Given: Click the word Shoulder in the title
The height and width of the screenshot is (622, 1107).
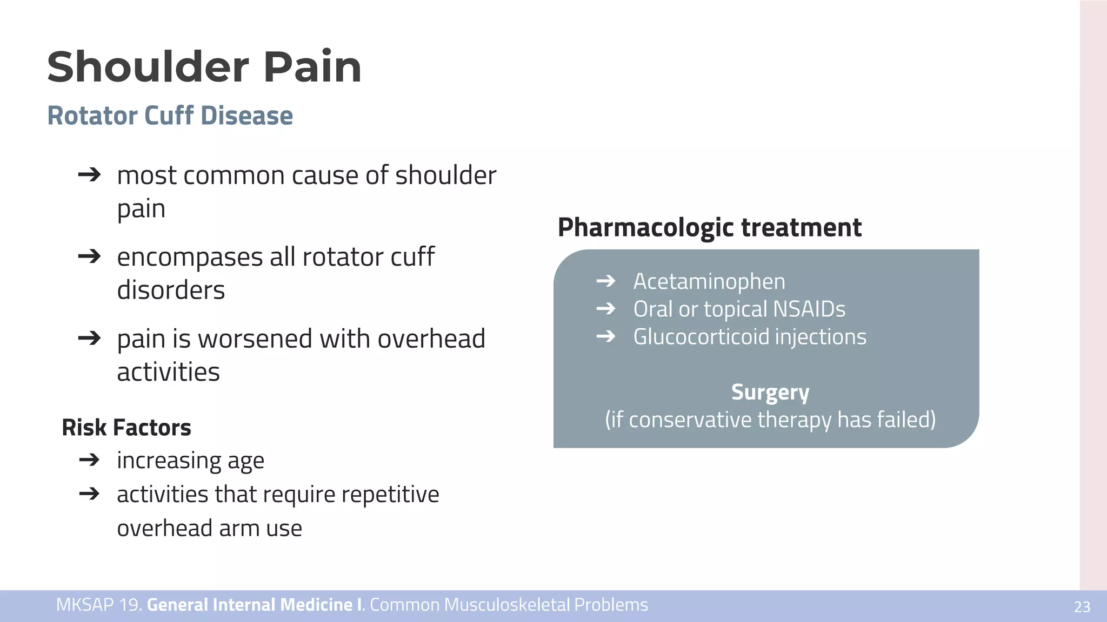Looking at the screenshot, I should point(147,67).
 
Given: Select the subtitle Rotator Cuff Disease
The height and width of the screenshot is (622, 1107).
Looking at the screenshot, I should point(170,116).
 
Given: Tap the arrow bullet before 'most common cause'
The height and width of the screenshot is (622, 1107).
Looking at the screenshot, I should point(89,174).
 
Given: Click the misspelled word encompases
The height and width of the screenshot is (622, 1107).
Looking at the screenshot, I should point(190,258).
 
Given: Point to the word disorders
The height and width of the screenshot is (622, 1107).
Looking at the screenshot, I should point(171,290).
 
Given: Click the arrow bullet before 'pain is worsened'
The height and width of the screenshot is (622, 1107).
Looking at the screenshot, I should point(89,339).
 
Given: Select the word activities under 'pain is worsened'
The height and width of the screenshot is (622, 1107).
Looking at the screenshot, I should point(168,372).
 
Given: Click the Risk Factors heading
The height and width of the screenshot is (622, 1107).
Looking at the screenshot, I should point(126,428).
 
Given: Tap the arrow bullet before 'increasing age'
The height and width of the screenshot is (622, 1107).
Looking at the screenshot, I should point(89,460).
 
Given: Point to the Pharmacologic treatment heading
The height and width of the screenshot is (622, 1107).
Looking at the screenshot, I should point(709,227).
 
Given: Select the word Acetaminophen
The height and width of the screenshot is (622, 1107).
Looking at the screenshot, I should point(709,281).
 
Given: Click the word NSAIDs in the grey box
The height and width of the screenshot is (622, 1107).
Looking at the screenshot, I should point(809,309).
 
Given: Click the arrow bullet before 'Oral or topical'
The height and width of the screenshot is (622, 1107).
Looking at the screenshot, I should point(606,309).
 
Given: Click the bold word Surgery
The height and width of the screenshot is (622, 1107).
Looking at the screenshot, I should point(770,392).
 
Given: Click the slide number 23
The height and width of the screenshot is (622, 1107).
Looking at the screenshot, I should point(1082,607).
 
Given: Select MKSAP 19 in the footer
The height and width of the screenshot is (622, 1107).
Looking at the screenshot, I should point(98,605).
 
